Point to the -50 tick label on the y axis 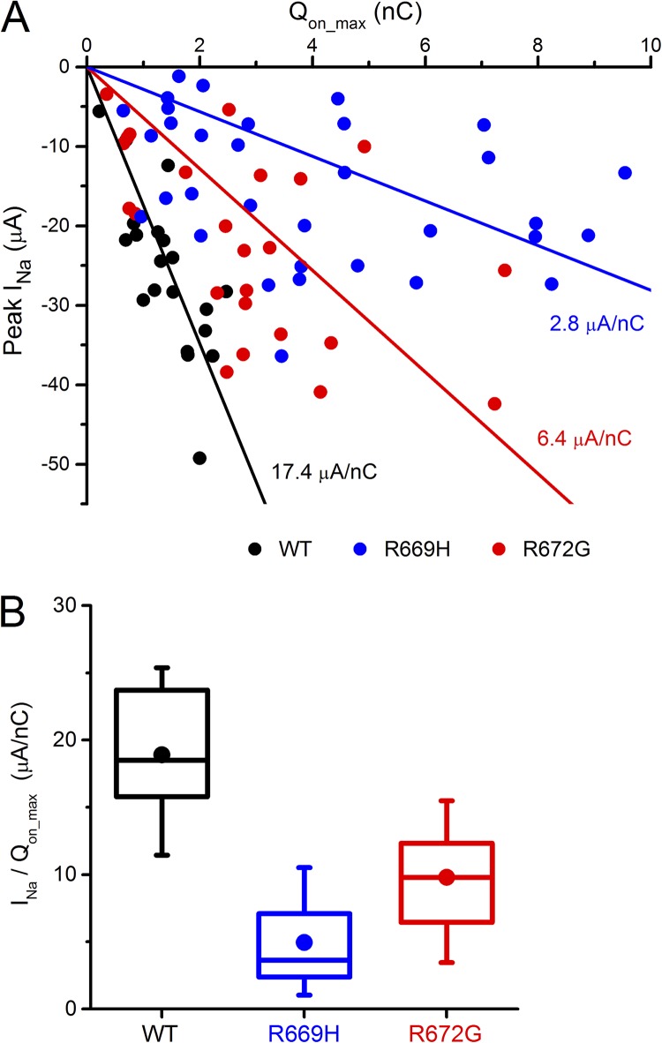58,464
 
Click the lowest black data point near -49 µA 199,458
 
